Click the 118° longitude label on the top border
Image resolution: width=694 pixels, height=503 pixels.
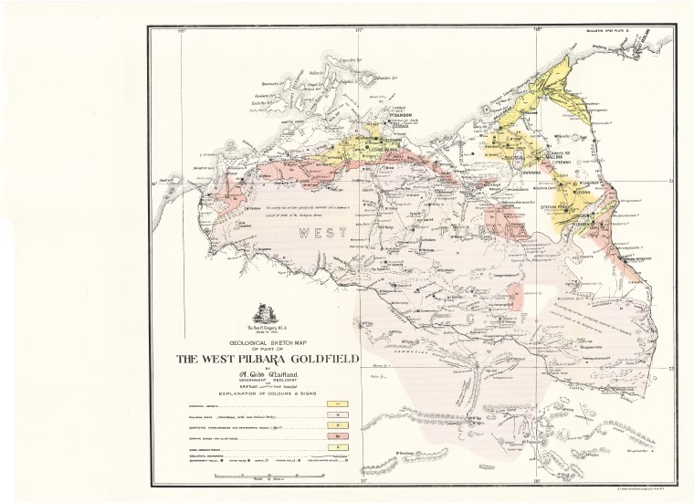point(539,30)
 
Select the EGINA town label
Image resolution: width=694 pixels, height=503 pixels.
point(584,194)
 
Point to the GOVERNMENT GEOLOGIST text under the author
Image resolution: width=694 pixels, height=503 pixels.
point(264,383)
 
